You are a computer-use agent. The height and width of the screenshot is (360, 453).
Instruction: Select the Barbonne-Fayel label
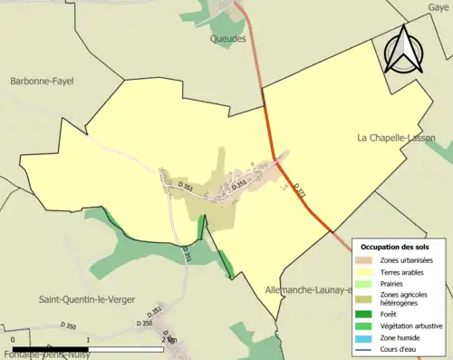tap(41, 81)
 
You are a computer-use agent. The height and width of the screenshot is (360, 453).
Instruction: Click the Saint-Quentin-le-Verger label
tap(88, 298)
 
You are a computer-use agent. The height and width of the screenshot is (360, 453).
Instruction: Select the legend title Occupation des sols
tap(395, 247)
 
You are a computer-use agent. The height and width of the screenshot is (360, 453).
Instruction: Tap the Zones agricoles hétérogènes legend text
tap(404, 298)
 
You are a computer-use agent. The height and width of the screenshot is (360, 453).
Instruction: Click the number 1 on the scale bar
tap(88, 340)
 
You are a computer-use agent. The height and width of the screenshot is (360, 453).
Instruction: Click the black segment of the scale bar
tap(51, 348)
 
